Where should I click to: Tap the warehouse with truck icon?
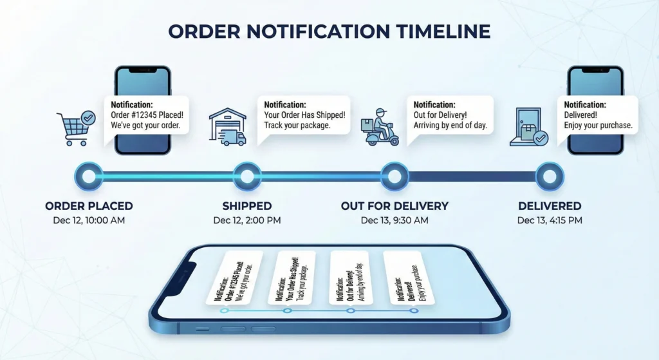[x=228, y=126]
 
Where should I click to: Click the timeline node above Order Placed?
[x=89, y=176]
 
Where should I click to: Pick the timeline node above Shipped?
[x=246, y=176]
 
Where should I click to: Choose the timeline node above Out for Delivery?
[x=394, y=176]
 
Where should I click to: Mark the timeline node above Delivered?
[x=550, y=176]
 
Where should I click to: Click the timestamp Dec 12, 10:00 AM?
[x=89, y=220]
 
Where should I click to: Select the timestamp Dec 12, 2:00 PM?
[x=247, y=220]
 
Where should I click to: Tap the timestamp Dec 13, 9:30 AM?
[x=394, y=220]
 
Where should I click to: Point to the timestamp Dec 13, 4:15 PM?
[x=550, y=220]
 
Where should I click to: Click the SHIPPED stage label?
[x=247, y=206]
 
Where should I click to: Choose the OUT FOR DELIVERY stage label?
[x=394, y=206]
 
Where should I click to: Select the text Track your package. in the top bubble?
[x=297, y=124]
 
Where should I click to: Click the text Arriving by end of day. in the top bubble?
[x=450, y=124]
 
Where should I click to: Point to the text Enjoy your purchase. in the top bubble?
[x=599, y=124]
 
